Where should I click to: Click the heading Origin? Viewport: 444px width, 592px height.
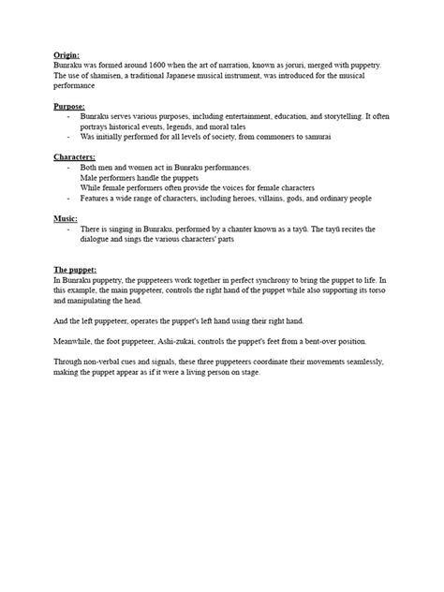[x=67, y=55]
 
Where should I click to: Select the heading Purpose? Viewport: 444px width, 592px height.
[x=70, y=108]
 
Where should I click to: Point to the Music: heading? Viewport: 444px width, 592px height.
[x=67, y=219]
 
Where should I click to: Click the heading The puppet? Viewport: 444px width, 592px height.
[x=76, y=269]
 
